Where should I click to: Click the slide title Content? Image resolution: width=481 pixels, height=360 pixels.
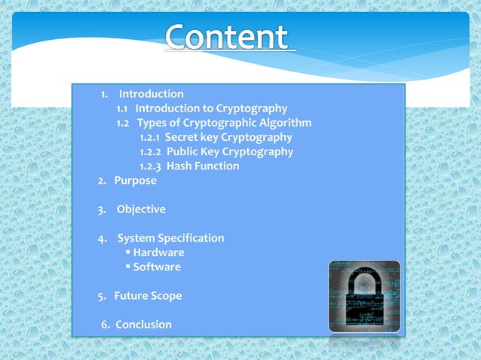click(226, 38)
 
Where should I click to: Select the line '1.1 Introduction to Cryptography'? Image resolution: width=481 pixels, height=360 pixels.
click(201, 108)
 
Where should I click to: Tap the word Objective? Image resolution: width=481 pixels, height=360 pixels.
click(141, 209)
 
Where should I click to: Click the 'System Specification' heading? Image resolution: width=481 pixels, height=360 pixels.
click(170, 238)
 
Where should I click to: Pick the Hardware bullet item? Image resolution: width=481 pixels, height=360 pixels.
click(158, 252)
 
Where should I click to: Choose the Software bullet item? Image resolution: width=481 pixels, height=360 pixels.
click(157, 267)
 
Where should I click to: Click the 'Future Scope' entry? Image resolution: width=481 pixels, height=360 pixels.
click(148, 296)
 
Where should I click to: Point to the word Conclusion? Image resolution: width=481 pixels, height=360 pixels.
click(143, 325)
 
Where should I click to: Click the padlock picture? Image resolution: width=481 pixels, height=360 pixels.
click(364, 296)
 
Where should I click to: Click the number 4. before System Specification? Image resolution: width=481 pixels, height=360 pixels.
click(102, 238)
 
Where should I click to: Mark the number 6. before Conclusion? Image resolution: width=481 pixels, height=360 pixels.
click(106, 325)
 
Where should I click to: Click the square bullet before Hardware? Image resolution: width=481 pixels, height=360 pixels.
click(128, 252)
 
